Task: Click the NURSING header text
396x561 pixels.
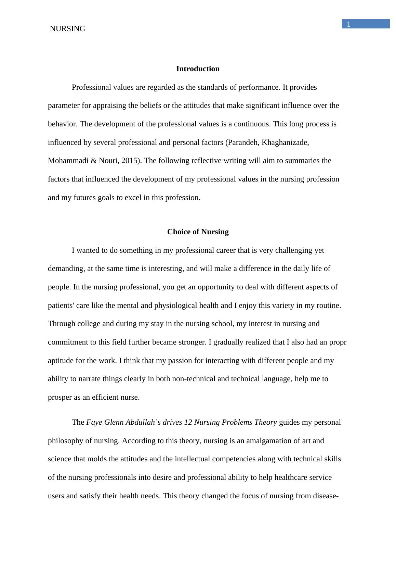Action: pyautogui.click(x=67, y=29)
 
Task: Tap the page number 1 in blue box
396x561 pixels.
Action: pyautogui.click(x=348, y=24)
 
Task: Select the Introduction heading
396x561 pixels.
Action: pyautogui.click(x=198, y=69)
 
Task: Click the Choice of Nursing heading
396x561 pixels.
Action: pyautogui.click(x=198, y=232)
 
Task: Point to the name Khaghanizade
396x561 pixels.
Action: pyautogui.click(x=285, y=142)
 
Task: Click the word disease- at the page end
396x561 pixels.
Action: pyautogui.click(x=326, y=496)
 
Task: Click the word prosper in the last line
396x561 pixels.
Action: pyautogui.click(x=60, y=398)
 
